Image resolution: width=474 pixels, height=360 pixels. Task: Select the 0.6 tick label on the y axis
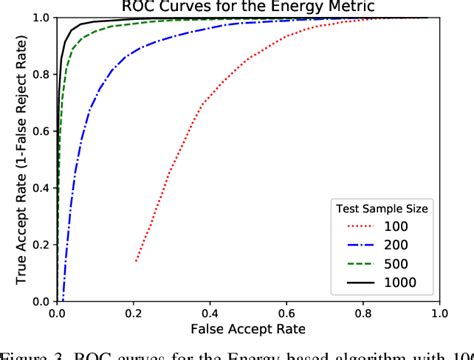click(40, 131)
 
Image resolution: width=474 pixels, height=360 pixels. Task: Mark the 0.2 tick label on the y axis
click(40, 244)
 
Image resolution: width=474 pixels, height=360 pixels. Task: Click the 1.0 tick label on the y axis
click(40, 18)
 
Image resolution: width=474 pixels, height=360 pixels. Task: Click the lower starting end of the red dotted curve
click(136, 261)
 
